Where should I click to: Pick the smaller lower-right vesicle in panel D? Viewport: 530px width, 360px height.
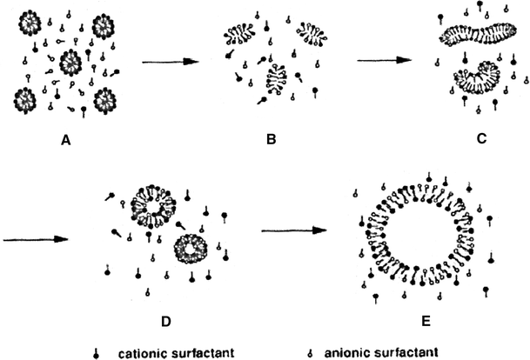tap(191, 248)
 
